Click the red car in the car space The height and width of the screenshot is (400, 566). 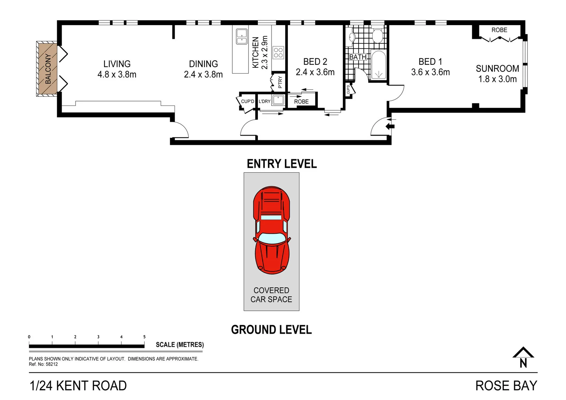click(272, 230)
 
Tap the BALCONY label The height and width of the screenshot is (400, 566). click(48, 69)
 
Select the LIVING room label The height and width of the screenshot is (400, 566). click(117, 64)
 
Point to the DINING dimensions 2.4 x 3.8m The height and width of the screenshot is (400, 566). click(203, 74)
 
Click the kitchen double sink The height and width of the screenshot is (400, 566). click(242, 36)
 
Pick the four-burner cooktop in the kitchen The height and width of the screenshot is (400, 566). click(278, 53)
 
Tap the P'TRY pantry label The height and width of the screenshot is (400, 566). click(280, 82)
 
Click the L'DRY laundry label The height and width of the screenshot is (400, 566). click(264, 101)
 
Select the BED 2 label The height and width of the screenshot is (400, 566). click(315, 61)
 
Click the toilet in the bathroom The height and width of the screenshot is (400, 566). click(377, 36)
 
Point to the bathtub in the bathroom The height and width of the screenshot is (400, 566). click(378, 65)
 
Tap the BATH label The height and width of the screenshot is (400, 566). click(357, 57)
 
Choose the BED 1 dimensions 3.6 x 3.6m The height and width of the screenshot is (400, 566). click(430, 72)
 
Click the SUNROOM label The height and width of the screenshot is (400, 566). click(497, 69)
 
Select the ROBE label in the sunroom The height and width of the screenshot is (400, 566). click(499, 30)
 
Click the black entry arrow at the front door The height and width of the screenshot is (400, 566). click(389, 127)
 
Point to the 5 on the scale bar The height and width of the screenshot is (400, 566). click(144, 337)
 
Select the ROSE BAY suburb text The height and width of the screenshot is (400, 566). click(506, 386)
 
